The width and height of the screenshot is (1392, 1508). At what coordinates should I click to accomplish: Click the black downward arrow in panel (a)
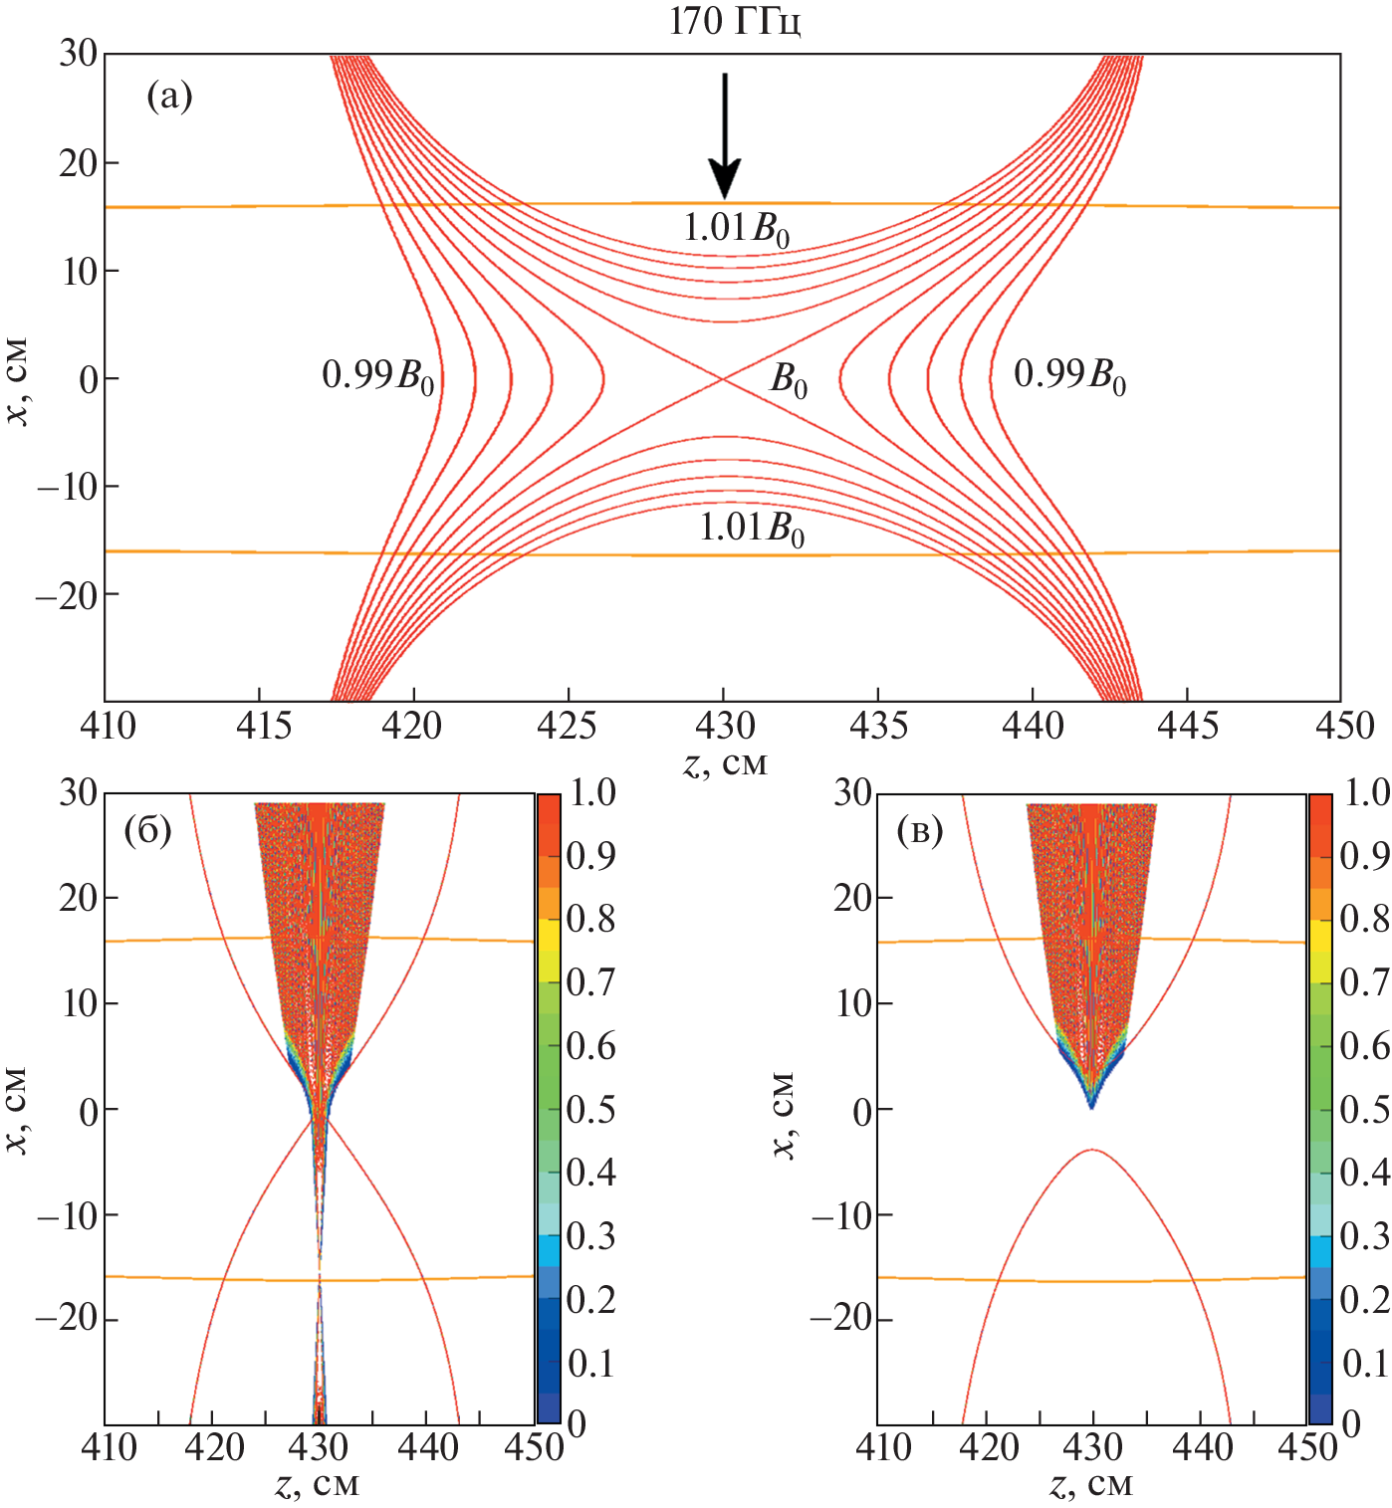click(x=725, y=134)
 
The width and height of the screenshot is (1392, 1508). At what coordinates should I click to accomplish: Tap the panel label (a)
click(x=169, y=97)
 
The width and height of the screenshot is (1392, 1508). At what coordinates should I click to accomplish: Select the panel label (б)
click(x=147, y=830)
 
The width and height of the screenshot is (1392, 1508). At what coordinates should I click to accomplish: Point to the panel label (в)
click(x=919, y=830)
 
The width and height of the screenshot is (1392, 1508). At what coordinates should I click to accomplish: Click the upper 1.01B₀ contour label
click(x=736, y=229)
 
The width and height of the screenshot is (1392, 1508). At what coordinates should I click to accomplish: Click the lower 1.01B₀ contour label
click(x=751, y=528)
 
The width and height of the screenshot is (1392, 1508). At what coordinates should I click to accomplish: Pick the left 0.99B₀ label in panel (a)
click(x=378, y=376)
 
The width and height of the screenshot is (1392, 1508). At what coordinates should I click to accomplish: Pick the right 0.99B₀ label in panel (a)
click(x=1069, y=376)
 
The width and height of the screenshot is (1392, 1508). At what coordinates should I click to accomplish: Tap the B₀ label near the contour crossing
click(x=789, y=380)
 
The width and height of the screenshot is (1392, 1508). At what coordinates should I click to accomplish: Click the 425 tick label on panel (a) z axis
click(x=570, y=727)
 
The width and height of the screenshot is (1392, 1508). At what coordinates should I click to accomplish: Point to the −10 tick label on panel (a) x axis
click(x=67, y=486)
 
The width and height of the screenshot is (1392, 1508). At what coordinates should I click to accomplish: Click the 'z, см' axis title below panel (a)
click(x=726, y=762)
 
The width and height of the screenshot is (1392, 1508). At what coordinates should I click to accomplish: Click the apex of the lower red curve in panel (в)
click(x=1092, y=1150)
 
